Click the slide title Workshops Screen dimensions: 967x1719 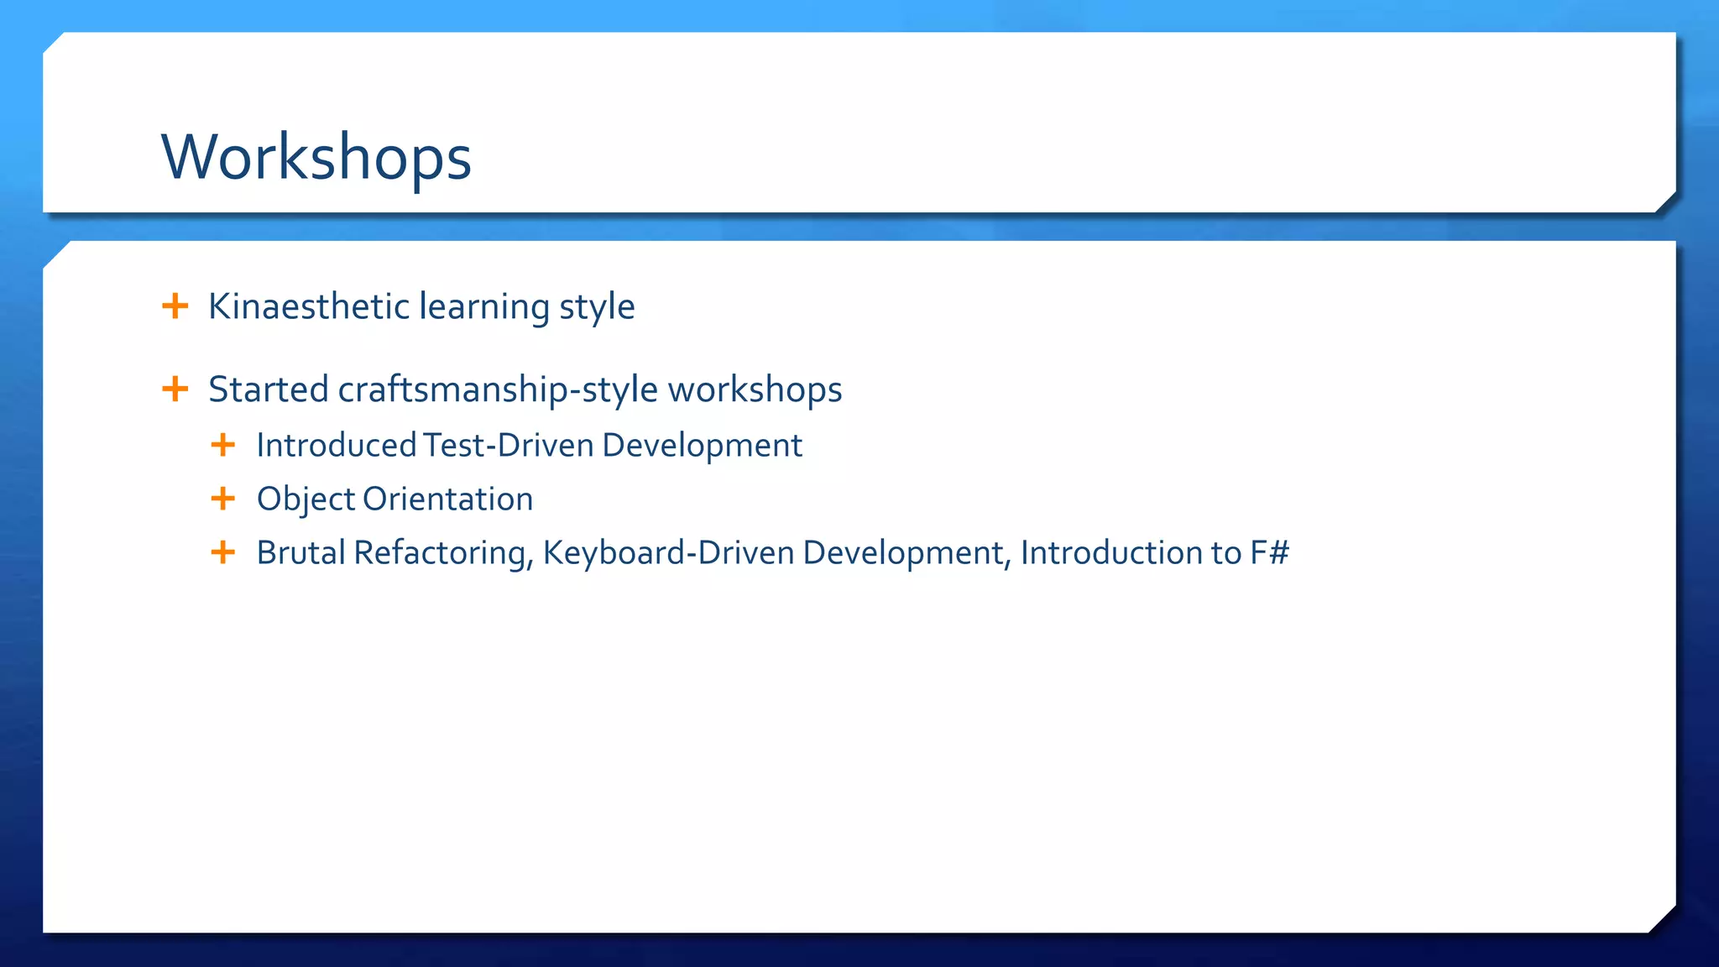point(316,157)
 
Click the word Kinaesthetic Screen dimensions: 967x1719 point(308,306)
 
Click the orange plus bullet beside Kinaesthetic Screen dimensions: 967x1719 point(175,306)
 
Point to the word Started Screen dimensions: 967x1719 point(268,389)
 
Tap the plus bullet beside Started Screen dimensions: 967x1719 point(175,389)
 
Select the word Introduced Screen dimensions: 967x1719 point(337,445)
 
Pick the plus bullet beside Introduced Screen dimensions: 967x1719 point(222,445)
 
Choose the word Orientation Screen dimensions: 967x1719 point(448,499)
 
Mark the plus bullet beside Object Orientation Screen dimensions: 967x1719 point(222,499)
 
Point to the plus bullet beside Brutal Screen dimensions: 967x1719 point(222,552)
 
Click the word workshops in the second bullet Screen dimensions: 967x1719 point(755,390)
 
